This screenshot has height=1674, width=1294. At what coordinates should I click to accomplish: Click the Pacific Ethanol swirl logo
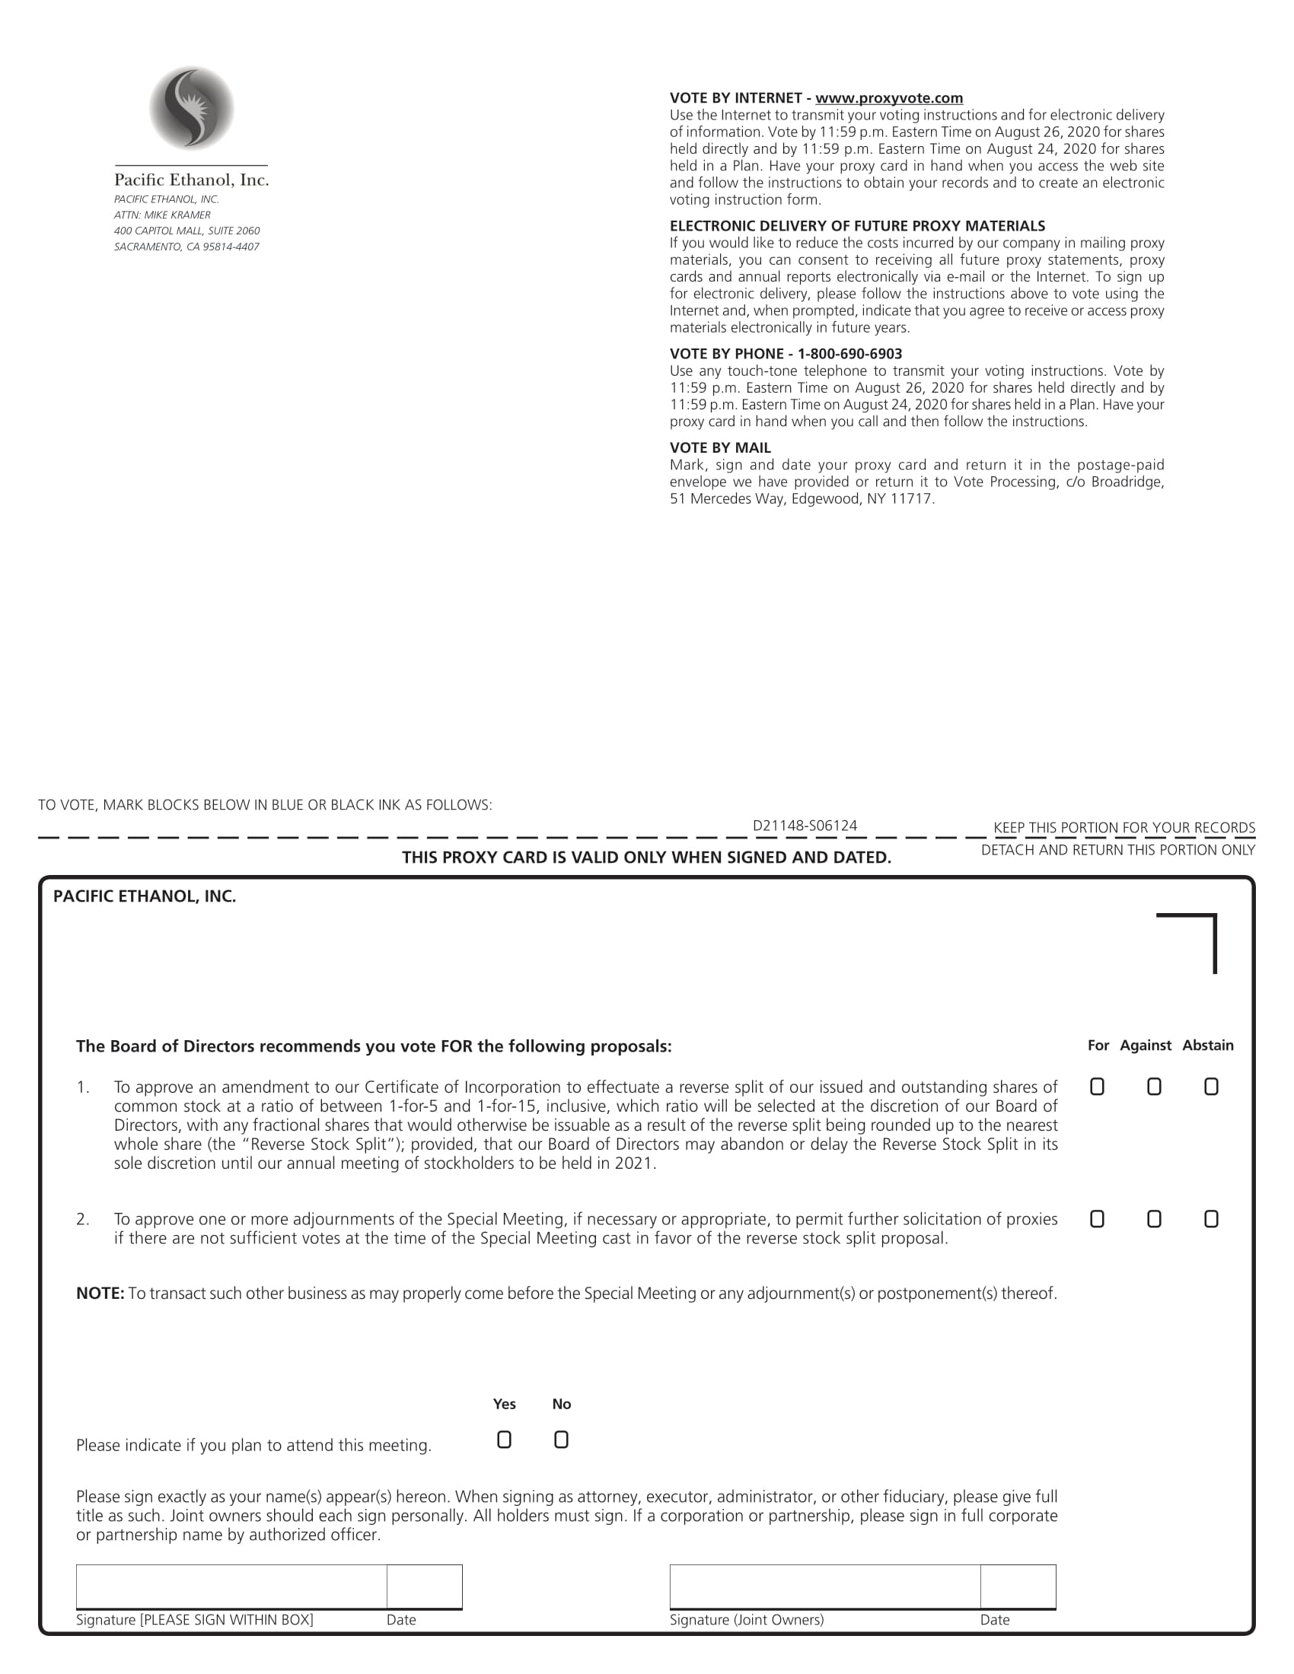(192, 108)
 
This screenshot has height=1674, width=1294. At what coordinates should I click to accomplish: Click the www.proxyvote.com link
(888, 98)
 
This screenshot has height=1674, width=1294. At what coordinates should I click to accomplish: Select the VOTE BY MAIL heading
(720, 447)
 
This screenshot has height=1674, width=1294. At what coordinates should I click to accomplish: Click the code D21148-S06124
(804, 826)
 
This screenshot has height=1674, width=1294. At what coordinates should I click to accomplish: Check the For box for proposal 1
(1097, 1086)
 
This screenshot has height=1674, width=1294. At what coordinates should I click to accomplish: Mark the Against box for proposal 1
(1154, 1086)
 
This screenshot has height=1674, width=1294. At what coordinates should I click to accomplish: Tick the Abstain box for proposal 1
(1210, 1086)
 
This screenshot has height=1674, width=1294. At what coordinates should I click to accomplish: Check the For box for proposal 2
(1097, 1219)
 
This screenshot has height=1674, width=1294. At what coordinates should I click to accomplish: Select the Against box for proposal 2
(1154, 1219)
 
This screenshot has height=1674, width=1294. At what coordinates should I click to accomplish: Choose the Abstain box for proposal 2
(1210, 1219)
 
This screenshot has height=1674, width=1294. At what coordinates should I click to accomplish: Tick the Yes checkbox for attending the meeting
(504, 1440)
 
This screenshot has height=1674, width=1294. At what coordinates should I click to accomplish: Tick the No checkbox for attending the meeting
(561, 1440)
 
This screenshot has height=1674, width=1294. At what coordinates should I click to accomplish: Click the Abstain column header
(1207, 1045)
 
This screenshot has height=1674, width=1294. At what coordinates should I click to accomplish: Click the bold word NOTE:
(100, 1294)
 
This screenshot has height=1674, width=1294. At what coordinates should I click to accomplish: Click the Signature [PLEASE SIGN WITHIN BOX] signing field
(231, 1586)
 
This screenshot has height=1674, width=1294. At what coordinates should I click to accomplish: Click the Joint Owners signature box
(824, 1586)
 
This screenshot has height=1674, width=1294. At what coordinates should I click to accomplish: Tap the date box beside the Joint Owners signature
(1017, 1586)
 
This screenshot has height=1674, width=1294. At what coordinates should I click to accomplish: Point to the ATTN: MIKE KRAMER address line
(163, 215)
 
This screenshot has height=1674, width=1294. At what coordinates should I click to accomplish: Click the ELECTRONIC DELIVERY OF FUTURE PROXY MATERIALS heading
(857, 226)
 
